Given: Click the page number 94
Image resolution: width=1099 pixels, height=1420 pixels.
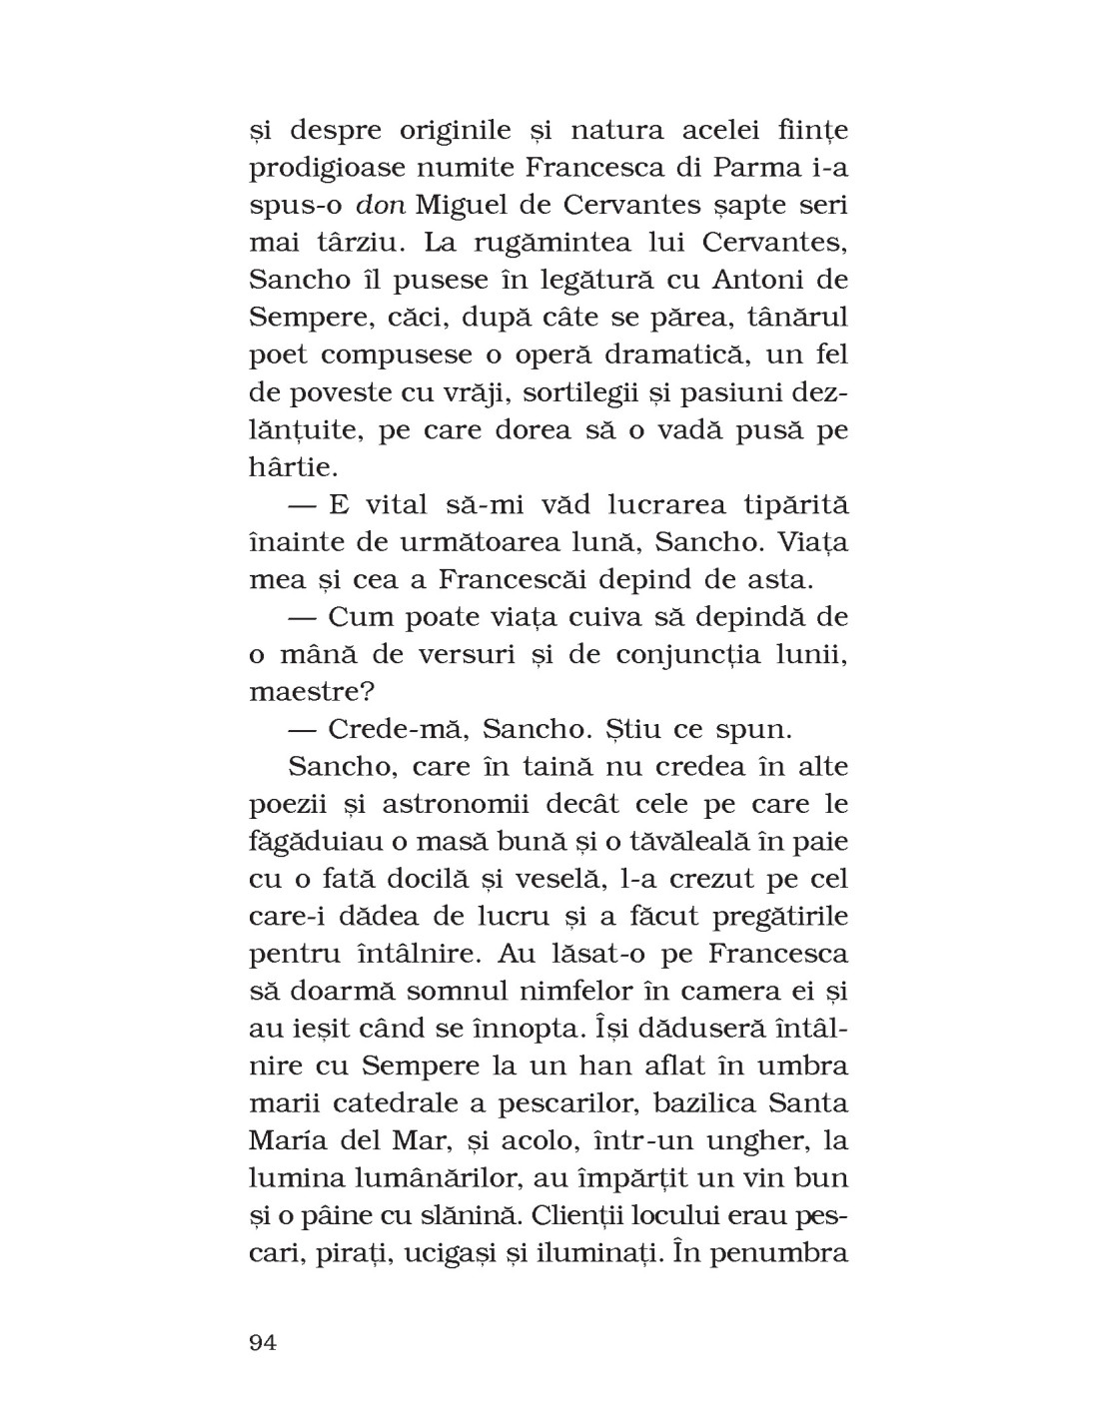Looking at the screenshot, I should coord(263,1342).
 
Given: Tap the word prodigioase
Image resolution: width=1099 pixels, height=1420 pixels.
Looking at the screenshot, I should coord(336,169).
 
